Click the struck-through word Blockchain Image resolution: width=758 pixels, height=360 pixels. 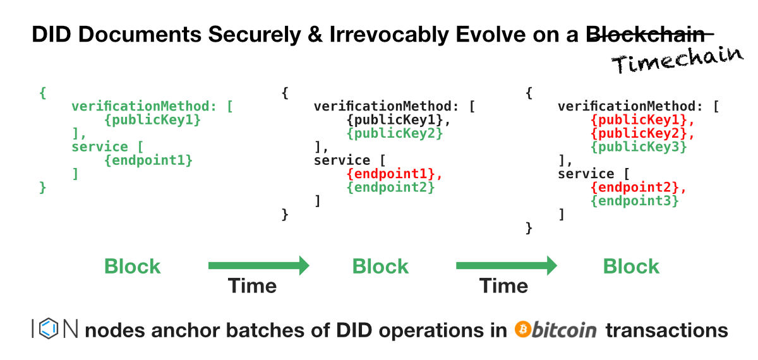(654, 35)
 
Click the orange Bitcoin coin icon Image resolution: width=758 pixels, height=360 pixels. (522, 330)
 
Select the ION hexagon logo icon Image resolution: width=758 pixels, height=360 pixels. (50, 329)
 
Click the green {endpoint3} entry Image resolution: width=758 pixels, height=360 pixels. (635, 201)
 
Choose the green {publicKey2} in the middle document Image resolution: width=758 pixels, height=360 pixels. (395, 133)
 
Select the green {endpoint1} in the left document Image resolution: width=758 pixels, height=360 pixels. (148, 160)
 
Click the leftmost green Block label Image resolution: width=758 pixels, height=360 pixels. (133, 267)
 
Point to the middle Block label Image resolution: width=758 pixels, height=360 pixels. (380, 267)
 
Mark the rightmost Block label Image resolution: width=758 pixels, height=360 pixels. (631, 267)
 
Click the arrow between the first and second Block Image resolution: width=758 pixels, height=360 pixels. (258, 266)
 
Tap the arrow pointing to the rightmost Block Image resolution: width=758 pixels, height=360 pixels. (506, 266)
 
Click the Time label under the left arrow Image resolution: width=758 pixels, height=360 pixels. (253, 286)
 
